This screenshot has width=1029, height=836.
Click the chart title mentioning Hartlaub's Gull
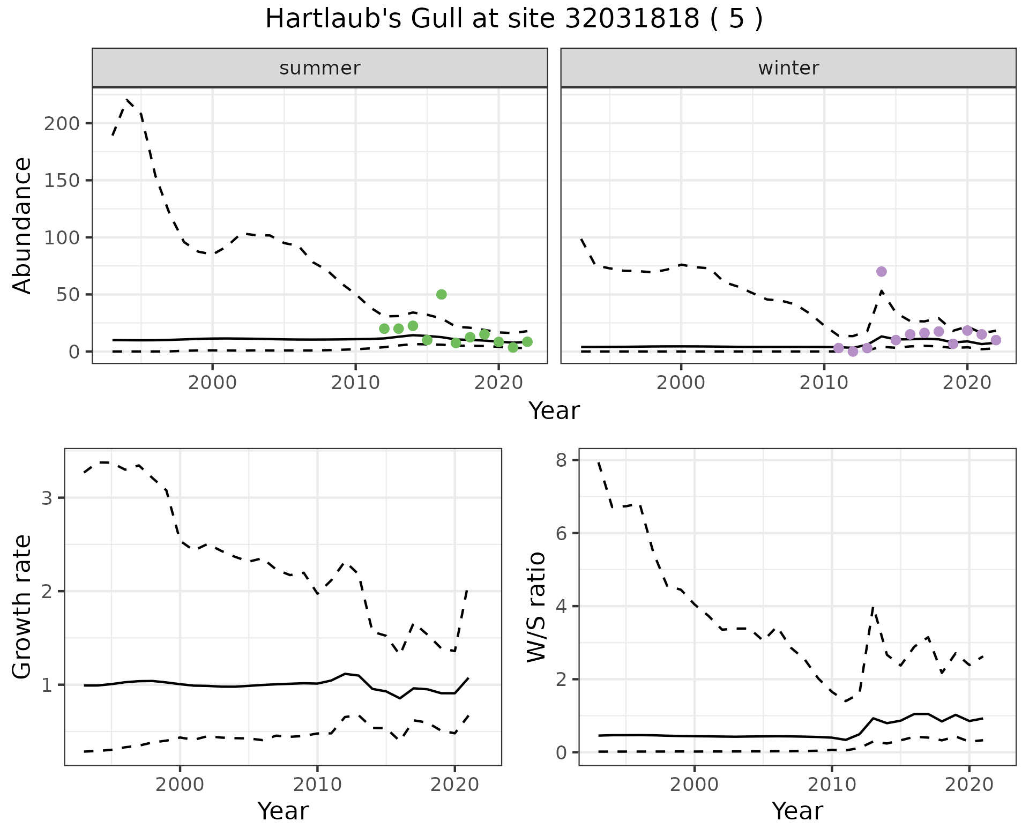[514, 20]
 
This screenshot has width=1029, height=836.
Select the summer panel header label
[320, 68]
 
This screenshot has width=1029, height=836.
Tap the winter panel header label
[788, 68]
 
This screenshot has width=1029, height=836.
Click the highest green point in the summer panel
[442, 294]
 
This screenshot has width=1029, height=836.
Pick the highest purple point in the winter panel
[882, 272]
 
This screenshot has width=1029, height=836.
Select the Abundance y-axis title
[23, 226]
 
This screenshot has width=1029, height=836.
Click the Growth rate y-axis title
[23, 607]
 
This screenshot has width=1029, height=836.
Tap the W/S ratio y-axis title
[536, 607]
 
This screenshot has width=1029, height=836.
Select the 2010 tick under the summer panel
[355, 384]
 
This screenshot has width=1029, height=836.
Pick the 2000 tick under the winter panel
[681, 384]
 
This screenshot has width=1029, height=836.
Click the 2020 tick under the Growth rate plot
[454, 785]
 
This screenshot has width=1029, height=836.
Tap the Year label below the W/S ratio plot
[797, 811]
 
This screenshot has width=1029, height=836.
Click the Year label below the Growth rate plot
[283, 811]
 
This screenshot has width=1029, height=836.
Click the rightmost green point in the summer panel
[527, 342]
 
